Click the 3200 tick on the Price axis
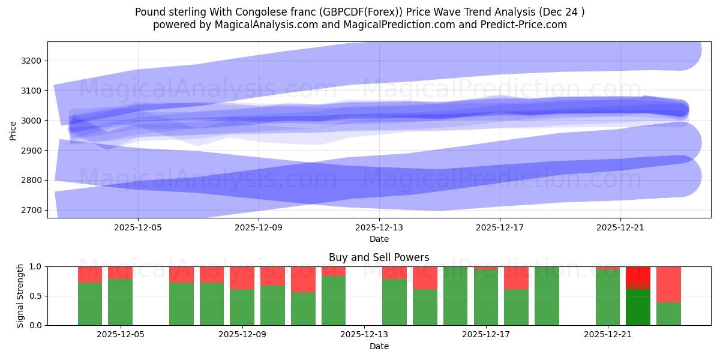[33, 61]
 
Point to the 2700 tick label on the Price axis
[33, 210]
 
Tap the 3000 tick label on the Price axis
[33, 121]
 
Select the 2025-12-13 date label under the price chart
[379, 227]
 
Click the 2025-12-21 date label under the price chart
[620, 227]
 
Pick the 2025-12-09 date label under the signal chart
[242, 335]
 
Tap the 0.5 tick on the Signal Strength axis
[36, 296]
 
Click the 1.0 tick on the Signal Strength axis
[36, 266]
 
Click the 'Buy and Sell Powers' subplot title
[379, 257]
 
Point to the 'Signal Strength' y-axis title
[20, 296]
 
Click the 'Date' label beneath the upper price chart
[379, 239]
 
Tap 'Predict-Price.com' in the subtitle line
[526, 25]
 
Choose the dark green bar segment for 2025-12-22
[638, 307]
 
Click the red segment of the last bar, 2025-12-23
[668, 284]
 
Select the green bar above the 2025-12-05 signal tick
[120, 302]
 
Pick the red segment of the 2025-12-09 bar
[242, 278]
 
